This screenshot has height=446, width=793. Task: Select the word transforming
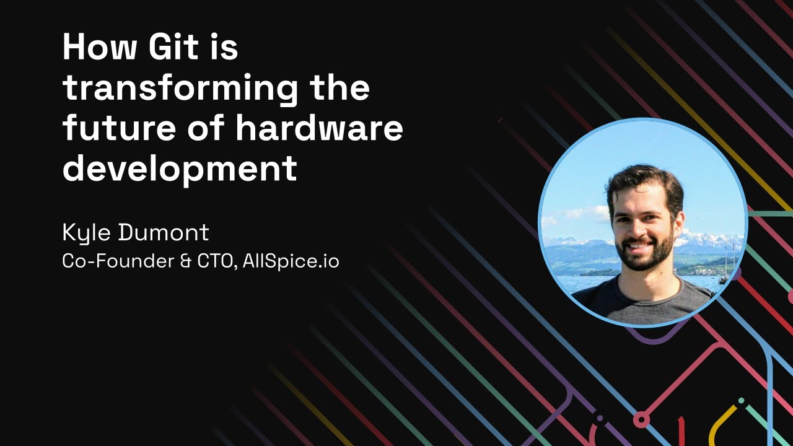[180, 89]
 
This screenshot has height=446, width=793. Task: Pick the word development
[180, 168]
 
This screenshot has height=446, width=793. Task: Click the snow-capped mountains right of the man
[712, 238]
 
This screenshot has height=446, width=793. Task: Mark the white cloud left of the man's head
[585, 214]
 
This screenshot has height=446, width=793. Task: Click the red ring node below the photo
[641, 421]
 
